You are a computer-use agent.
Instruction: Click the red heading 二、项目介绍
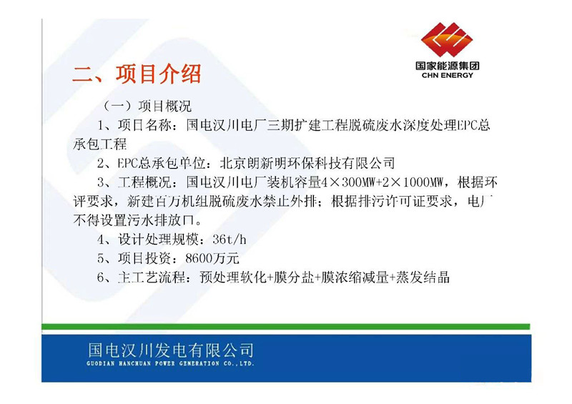coord(137,74)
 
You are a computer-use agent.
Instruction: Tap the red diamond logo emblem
coord(447,39)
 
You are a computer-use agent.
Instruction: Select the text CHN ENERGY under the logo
coord(448,76)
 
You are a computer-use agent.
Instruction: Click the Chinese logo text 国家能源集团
coord(448,66)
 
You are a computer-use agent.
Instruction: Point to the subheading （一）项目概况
coord(147,107)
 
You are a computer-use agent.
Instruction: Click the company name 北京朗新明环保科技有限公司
coord(307,163)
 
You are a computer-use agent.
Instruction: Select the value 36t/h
coord(230,240)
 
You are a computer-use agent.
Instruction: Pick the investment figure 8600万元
coord(212,258)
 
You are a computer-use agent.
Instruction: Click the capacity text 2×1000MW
coord(415,182)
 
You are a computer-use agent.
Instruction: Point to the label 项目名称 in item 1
coord(145,125)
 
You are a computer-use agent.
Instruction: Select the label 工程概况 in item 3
coord(145,182)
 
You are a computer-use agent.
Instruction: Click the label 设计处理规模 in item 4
coord(158,240)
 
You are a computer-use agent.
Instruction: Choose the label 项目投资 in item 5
coord(145,258)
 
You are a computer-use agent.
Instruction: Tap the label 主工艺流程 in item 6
coord(152,277)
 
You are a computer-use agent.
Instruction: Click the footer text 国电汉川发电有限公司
coord(171,350)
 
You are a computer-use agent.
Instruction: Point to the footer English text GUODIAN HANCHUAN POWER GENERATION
coord(153,363)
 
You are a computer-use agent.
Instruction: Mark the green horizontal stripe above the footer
coord(285,327)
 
